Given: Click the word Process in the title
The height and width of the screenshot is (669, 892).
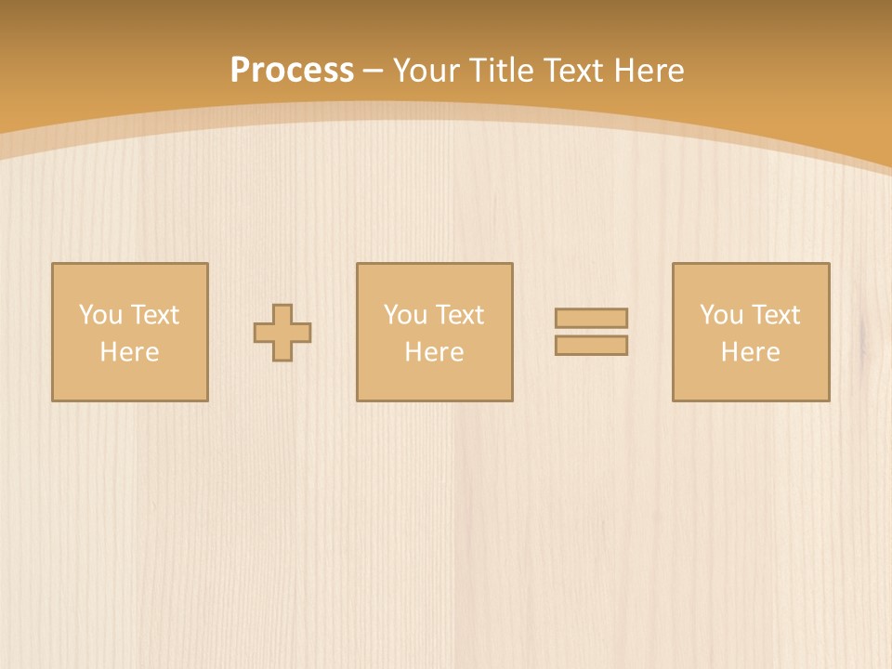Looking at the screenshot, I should coord(292,71).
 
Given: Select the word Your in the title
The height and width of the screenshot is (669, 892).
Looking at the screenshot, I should coord(426,71).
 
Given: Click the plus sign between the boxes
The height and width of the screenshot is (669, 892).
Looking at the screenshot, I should coord(282,332).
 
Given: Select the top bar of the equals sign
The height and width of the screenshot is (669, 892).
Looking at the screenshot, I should coord(591,318).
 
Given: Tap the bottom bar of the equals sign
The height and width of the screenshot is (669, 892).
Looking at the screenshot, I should coord(591,345).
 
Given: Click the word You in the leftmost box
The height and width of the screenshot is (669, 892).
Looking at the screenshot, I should coord(100,315).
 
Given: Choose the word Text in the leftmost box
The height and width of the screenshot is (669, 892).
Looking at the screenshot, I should coord(153,315).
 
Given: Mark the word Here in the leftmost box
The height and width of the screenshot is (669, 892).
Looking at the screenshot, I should coord(129,352).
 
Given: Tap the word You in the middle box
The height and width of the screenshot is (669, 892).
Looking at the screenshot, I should coord(405,315).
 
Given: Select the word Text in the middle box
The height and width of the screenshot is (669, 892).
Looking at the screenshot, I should coord(458,315).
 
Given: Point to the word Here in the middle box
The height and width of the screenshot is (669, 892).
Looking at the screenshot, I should coord(434,352).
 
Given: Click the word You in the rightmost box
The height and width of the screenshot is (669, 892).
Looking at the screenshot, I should coord(721,315).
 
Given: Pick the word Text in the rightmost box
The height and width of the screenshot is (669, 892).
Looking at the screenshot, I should coord(774,315).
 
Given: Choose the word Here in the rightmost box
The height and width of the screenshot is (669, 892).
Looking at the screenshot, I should coord(750,352).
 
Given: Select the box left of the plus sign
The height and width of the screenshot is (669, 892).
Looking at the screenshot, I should coord(129,381).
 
